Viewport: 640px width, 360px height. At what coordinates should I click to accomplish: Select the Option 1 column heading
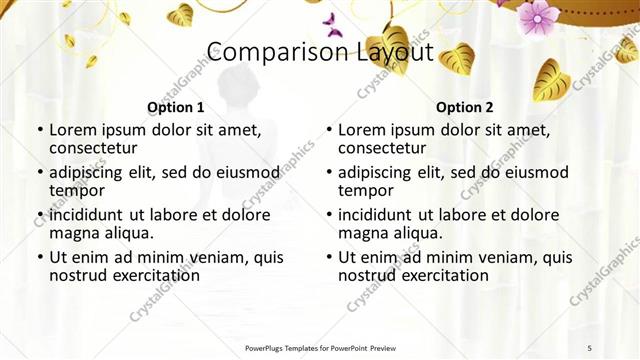pos(176,107)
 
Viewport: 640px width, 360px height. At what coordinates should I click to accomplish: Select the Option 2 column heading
pos(465,107)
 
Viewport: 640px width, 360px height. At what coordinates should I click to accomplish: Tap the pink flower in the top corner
pos(539,15)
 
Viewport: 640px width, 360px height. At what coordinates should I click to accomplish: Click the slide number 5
pos(589,347)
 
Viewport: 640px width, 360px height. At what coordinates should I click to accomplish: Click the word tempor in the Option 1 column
pos(77,191)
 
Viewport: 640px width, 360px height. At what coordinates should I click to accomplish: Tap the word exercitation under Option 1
pos(151,275)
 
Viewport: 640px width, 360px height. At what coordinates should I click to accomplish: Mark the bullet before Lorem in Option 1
pos(39,131)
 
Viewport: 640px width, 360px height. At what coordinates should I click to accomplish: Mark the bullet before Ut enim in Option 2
pos(329,257)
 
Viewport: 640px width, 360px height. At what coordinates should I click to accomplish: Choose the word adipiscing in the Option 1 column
pos(92,173)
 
